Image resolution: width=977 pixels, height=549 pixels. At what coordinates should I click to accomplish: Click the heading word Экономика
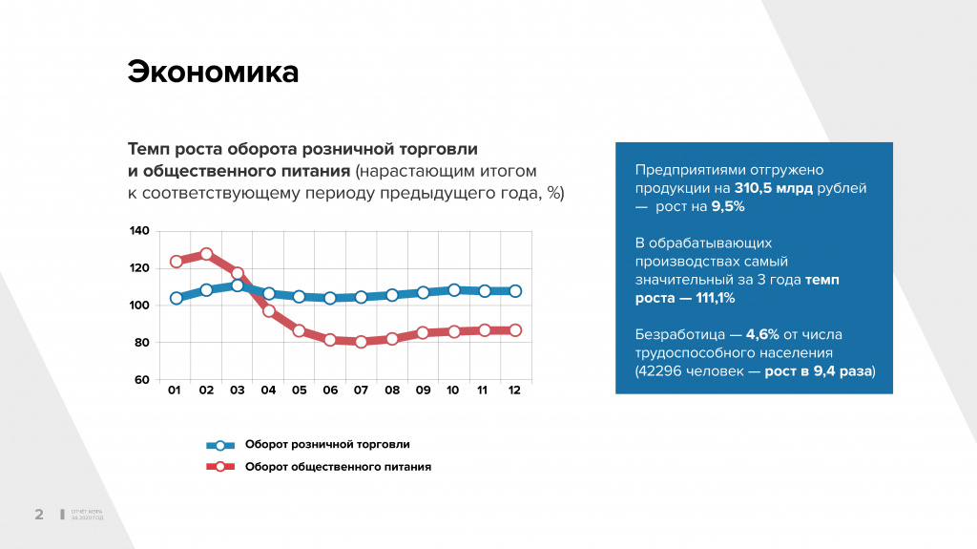click(213, 73)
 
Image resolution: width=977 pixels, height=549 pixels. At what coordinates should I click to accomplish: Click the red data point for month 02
click(206, 255)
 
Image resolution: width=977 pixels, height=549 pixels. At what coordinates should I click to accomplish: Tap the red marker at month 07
click(361, 342)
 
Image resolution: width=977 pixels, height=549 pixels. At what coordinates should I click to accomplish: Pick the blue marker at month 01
click(176, 298)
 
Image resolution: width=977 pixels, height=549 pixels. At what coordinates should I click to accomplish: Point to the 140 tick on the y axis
click(139, 231)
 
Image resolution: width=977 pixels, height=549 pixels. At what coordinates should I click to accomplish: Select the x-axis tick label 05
click(299, 391)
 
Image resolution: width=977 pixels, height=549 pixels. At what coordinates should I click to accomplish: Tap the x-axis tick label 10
click(453, 391)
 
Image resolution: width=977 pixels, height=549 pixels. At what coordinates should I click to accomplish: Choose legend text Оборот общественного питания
click(338, 467)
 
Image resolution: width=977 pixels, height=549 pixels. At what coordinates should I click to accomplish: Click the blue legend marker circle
click(220, 445)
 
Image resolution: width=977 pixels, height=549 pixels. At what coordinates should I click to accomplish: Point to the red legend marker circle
click(220, 467)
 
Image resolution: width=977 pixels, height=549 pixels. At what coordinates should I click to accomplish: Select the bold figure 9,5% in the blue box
click(727, 206)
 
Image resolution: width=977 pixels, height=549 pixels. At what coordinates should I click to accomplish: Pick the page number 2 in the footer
click(39, 515)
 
